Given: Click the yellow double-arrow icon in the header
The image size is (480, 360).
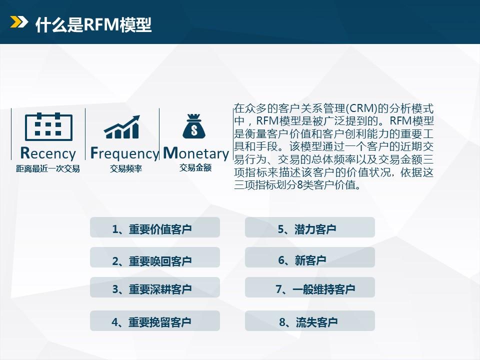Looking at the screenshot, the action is point(19,21).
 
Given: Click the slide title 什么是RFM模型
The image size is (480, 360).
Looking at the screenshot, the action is point(93,24).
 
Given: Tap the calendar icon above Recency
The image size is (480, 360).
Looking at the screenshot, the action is point(48,126).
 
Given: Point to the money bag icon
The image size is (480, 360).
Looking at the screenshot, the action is point(194,126).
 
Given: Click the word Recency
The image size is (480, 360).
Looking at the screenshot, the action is point(48,153).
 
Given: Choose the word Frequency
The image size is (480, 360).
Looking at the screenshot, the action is point(124,153).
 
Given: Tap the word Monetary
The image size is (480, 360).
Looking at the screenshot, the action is point(196,153).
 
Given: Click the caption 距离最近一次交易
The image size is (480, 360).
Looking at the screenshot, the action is point(48,168).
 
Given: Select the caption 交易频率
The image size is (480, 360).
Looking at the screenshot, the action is point(126,168).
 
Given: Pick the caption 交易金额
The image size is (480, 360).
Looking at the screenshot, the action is point(195,168).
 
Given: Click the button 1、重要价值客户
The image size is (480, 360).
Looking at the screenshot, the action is point(155,227).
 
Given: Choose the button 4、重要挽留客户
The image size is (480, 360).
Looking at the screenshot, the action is point(155,321).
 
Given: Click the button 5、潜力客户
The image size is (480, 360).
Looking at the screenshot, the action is point(310,227).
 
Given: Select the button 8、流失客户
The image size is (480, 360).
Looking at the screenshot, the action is point(310,321).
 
